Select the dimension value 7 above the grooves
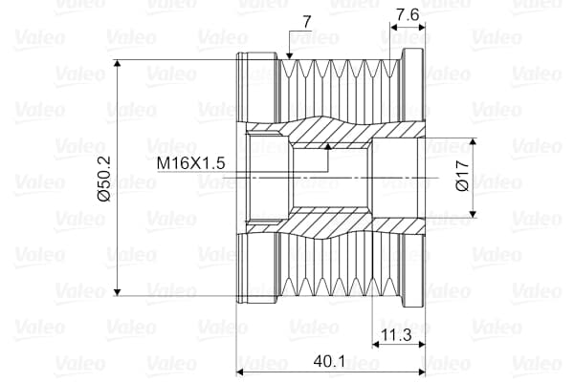coord(306,20)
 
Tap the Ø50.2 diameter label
coord(104,178)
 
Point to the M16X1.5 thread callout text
coord(191,162)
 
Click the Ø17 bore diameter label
coord(462,177)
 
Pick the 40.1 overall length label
coord(328,363)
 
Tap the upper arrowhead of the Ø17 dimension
coord(475,141)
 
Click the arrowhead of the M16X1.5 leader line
coord(328,146)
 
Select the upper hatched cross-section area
coord(325,128)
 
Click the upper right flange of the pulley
coord(413,86)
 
